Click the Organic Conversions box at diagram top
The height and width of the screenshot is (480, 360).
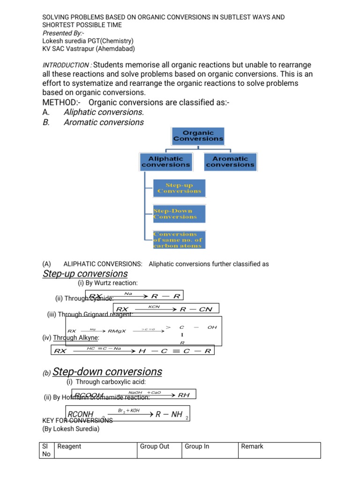[198, 135]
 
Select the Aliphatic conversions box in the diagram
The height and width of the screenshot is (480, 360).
[166, 162]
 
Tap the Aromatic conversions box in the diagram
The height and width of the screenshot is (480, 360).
[230, 162]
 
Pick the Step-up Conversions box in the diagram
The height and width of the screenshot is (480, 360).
[179, 188]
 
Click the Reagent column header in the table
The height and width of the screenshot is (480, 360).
[69, 446]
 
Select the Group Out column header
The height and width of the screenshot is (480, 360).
[155, 446]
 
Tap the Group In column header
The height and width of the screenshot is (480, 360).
[197, 446]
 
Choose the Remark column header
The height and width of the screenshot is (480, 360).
[252, 446]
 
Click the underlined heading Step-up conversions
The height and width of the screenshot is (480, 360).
[85, 274]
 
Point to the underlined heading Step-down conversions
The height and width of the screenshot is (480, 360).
[107, 372]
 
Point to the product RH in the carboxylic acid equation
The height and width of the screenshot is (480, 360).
[184, 395]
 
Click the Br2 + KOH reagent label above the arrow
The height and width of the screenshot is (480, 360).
[129, 411]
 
